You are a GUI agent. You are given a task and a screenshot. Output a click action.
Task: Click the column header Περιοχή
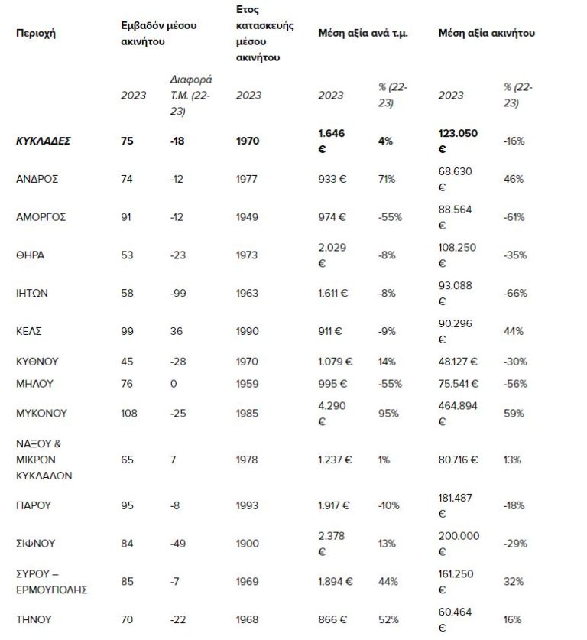[36, 33]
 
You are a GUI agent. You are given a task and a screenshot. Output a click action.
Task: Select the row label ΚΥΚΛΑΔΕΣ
[44, 141]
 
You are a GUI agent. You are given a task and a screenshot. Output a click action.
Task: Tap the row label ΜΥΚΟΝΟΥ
[41, 413]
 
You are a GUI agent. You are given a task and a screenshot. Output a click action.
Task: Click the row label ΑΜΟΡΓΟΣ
[41, 216]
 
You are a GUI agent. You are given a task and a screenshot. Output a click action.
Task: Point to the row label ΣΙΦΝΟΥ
[35, 543]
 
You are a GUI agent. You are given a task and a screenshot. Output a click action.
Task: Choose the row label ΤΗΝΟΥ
[34, 619]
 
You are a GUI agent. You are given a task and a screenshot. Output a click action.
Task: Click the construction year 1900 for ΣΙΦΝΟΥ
[248, 543]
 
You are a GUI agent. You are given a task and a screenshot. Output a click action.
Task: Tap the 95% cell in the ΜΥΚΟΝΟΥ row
[388, 413]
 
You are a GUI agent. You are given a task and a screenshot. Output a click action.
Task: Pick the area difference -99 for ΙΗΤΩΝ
[178, 293]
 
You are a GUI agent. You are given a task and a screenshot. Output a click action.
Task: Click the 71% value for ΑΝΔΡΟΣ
[386, 179]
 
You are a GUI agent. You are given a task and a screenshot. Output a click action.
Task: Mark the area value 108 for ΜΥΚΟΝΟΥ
[129, 413]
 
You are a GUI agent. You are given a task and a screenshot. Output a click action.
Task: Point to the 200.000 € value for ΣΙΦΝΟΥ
[459, 543]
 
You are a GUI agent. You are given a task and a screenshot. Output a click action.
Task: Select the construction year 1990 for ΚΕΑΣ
[248, 331]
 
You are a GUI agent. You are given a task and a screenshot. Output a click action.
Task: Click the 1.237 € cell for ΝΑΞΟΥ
[335, 460]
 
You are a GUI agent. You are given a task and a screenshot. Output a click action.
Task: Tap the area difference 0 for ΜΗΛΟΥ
[174, 383]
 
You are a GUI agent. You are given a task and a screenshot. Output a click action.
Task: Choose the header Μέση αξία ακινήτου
[486, 33]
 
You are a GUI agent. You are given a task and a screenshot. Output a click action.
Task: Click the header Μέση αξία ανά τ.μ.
[363, 33]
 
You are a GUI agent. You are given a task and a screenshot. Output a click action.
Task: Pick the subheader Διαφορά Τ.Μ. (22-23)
[190, 95]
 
